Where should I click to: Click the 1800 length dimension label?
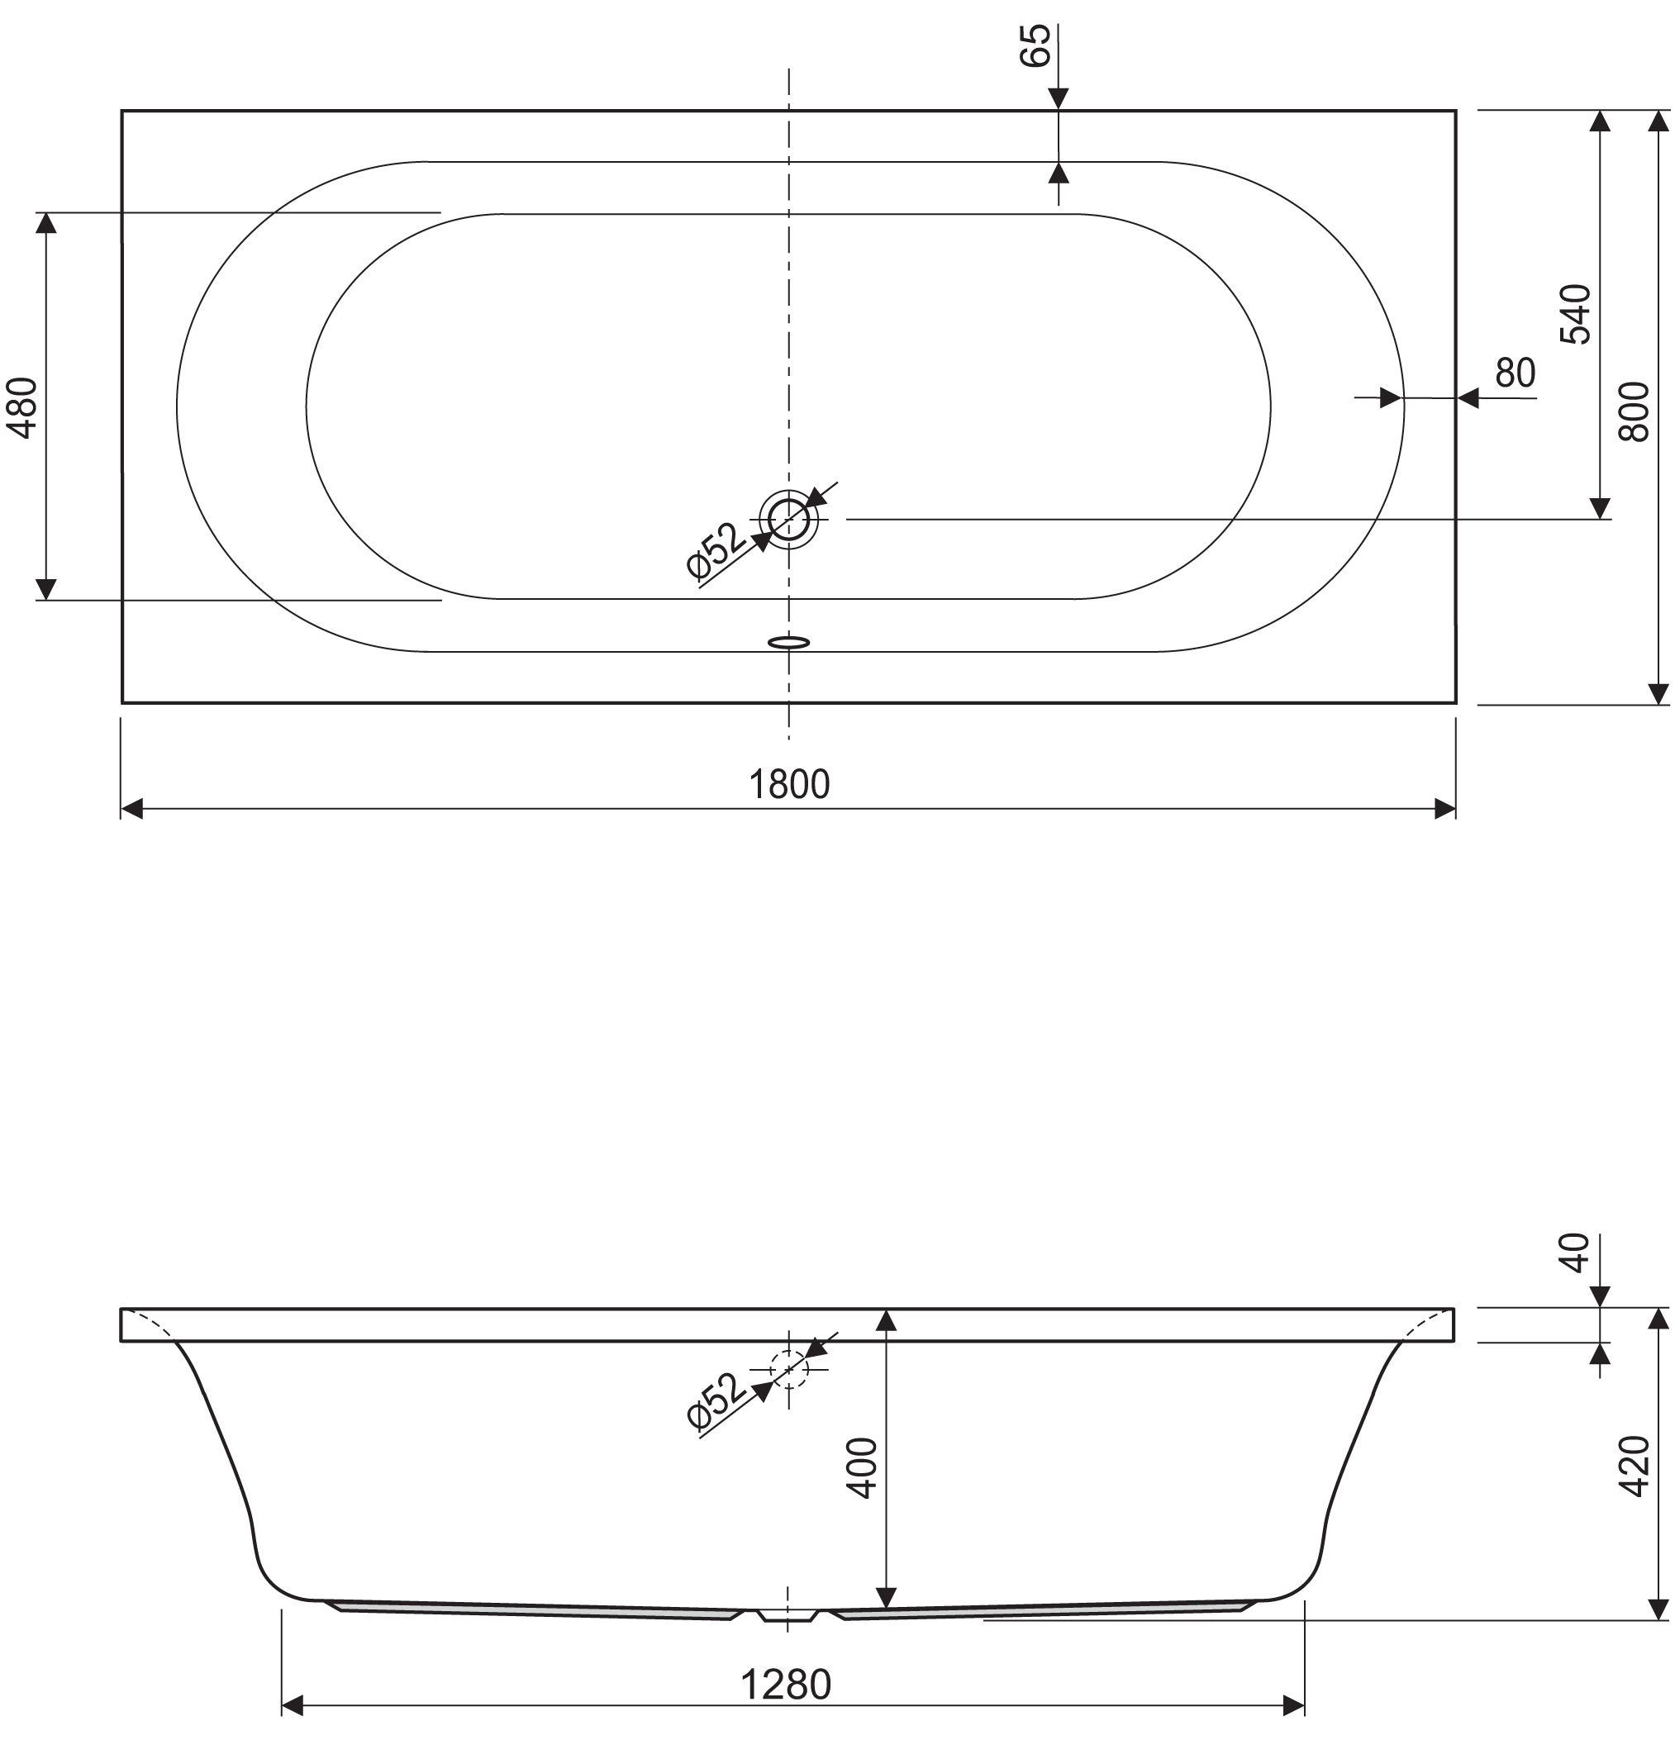tap(788, 785)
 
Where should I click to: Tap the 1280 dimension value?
tap(786, 1685)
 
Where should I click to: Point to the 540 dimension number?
tap(1576, 314)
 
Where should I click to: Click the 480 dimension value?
tap(22, 407)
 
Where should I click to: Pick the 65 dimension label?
tap(1035, 45)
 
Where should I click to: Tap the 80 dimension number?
tap(1516, 373)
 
